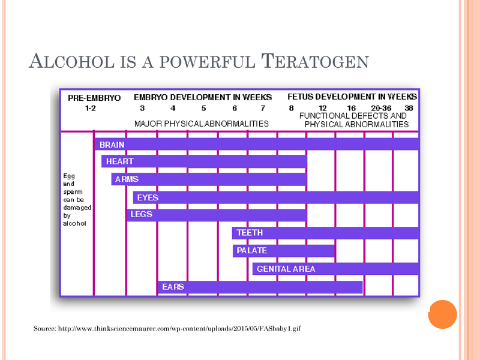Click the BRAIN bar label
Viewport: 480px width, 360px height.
pyautogui.click(x=112, y=145)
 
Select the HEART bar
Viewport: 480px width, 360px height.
pyautogui.click(x=204, y=161)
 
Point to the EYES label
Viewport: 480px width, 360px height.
pyautogui.click(x=148, y=197)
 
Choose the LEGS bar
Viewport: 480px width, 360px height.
pyautogui.click(x=216, y=214)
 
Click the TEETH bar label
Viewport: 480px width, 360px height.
pyautogui.click(x=250, y=232)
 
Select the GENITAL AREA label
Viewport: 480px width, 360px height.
pyautogui.click(x=286, y=269)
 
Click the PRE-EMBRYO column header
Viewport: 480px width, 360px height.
pyautogui.click(x=94, y=97)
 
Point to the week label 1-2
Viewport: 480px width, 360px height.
pyautogui.click(x=91, y=109)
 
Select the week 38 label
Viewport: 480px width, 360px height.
pyautogui.click(x=409, y=109)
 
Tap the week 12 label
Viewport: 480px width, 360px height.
pyautogui.click(x=322, y=109)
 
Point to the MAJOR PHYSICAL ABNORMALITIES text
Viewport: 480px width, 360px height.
pyautogui.click(x=201, y=124)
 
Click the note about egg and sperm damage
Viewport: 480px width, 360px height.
pyautogui.click(x=75, y=199)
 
